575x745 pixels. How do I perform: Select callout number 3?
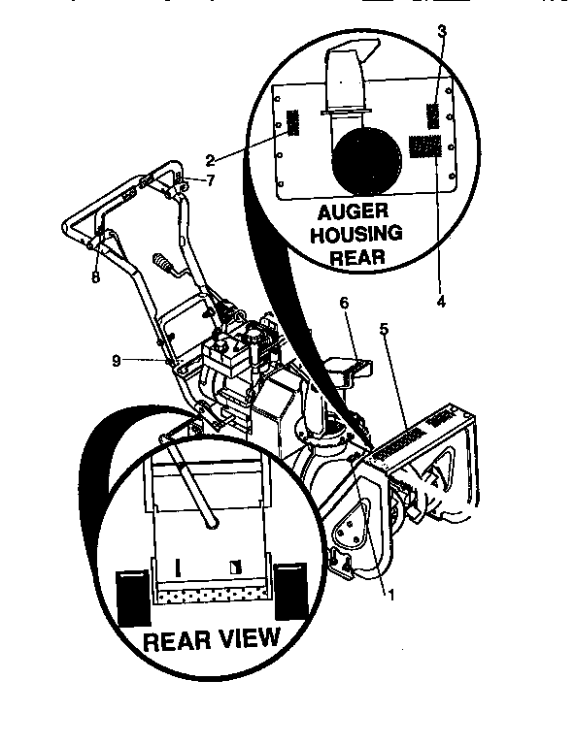(x=442, y=31)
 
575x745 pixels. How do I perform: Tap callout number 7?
(x=209, y=181)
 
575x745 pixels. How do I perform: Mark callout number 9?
(x=116, y=361)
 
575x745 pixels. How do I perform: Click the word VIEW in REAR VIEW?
(x=243, y=639)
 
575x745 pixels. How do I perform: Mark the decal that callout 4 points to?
(x=425, y=146)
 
